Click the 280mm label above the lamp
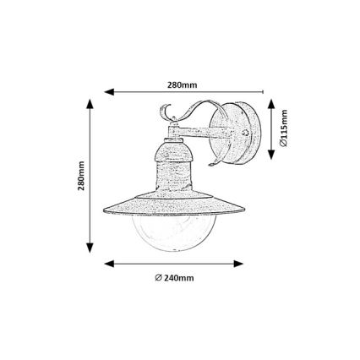point(182,85)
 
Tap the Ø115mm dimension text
point(285,130)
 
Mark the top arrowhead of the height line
point(89,103)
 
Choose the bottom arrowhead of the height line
point(89,249)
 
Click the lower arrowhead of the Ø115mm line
point(270,158)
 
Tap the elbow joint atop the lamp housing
point(172,130)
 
